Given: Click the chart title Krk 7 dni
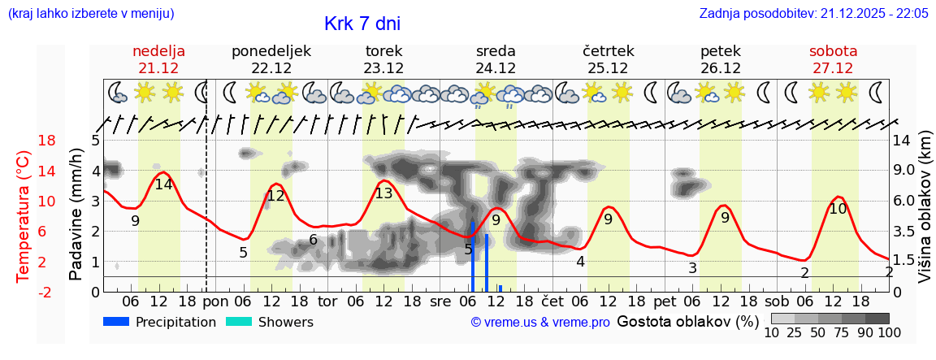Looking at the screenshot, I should click(362, 24).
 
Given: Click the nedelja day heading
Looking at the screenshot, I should click(159, 51).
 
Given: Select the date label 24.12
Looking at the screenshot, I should click(496, 68).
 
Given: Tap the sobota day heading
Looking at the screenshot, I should click(833, 51).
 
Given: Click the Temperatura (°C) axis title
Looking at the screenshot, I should click(23, 215).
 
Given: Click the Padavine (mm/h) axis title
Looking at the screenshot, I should click(76, 214).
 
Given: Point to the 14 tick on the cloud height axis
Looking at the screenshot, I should click(902, 141).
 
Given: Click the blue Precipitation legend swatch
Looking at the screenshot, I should click(116, 322).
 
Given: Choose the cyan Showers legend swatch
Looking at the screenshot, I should click(239, 322).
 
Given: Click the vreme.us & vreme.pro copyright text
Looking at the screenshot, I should click(540, 323).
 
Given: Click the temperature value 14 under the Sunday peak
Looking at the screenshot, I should click(163, 184).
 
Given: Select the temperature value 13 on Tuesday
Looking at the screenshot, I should click(383, 193).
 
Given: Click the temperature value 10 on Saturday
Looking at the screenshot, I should click(838, 209).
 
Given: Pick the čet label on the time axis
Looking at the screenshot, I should click(552, 301).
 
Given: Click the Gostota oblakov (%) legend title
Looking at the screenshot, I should click(688, 322).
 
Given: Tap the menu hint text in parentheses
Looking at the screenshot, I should click(90, 14).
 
